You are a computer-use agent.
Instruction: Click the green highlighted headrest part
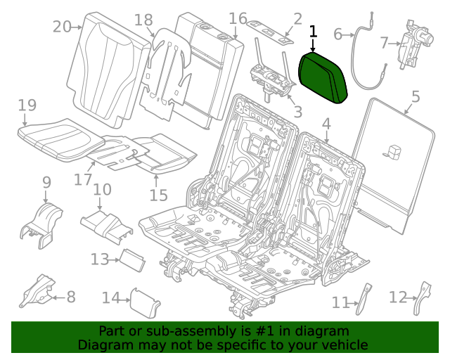tap(323, 77)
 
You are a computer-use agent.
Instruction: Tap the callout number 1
tap(313, 32)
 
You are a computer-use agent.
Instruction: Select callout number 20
tap(62, 27)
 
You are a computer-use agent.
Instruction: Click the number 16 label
tap(238, 18)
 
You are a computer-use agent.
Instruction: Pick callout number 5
tap(415, 96)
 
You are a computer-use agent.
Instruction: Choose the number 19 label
tap(27, 105)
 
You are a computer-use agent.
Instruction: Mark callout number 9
tap(46, 182)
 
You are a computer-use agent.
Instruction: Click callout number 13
tap(99, 259)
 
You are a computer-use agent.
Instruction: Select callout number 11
tap(341, 302)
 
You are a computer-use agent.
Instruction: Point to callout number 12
tap(398, 298)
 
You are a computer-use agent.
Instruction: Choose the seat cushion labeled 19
tap(56, 135)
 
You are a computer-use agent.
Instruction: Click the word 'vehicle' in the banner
tap(345, 345)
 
